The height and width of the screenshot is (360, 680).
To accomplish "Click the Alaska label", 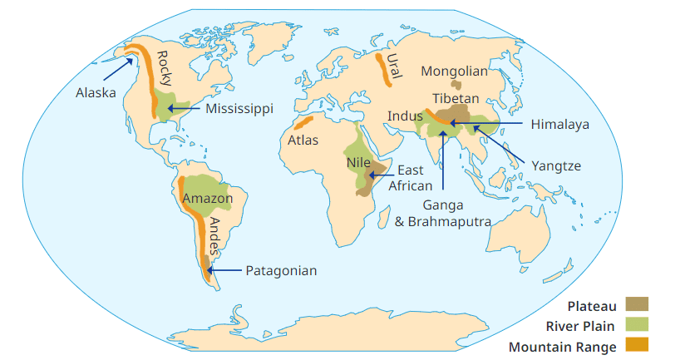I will (x=96, y=92).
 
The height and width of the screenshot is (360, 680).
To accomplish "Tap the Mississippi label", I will (x=239, y=109).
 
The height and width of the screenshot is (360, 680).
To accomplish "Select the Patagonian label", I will (x=281, y=270).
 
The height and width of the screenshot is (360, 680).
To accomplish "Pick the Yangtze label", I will (x=556, y=165).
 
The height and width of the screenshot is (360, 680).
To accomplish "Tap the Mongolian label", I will (x=455, y=72).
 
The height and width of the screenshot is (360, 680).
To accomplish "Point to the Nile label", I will (x=358, y=163).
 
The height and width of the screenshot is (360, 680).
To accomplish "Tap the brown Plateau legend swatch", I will (x=636, y=306).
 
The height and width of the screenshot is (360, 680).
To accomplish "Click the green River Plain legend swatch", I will (x=636, y=326).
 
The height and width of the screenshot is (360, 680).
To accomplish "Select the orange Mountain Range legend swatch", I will (x=636, y=346).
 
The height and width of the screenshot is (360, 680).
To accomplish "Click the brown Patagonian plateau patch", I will (x=205, y=264).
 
